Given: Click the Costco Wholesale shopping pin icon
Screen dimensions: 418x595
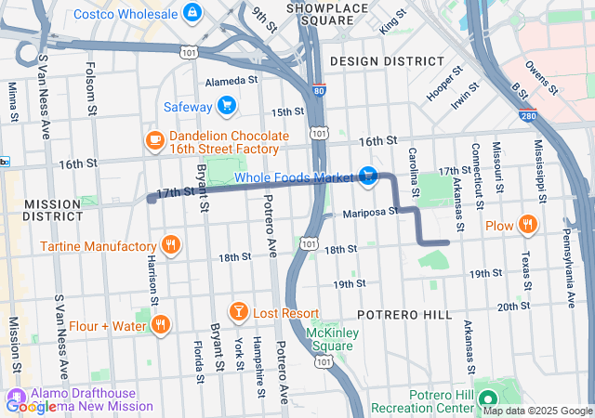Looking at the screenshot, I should pyautogui.click(x=192, y=11).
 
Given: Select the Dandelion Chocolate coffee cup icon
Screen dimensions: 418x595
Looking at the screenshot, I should pyautogui.click(x=155, y=140).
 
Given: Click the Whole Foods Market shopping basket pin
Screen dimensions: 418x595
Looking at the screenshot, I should pyautogui.click(x=368, y=176).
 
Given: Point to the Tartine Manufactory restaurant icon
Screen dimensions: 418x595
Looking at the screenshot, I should pyautogui.click(x=170, y=246).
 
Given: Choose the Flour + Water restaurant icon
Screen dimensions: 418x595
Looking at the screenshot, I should pyautogui.click(x=161, y=324).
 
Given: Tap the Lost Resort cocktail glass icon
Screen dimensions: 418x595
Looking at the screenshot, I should pyautogui.click(x=238, y=313).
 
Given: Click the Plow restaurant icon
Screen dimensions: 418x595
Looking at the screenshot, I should pyautogui.click(x=527, y=224).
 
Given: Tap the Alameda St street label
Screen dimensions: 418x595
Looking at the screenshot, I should pyautogui.click(x=231, y=82).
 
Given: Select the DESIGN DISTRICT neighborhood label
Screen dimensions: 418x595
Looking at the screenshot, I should pyautogui.click(x=387, y=60).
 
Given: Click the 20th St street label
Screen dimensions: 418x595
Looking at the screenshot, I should pyautogui.click(x=513, y=306).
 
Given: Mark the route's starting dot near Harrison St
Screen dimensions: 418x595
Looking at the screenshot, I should pyautogui.click(x=151, y=198).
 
